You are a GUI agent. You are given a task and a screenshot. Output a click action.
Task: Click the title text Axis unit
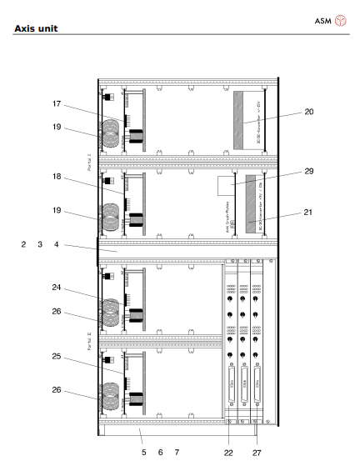pos(36,29)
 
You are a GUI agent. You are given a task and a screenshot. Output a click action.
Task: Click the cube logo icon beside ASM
pos(340,20)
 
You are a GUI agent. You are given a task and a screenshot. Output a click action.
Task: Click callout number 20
pos(308,111)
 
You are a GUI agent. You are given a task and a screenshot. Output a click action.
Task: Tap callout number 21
pos(308,213)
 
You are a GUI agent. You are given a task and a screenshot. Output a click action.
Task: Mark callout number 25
pos(57,356)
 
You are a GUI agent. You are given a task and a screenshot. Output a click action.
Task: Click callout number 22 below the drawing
pos(228,453)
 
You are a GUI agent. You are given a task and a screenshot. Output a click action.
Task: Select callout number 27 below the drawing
pos(257,453)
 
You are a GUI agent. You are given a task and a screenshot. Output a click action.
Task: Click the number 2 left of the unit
pos(23,244)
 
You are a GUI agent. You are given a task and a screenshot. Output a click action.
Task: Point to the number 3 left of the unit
pos(39,244)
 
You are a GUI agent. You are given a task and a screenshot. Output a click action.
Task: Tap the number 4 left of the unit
pos(56,244)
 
